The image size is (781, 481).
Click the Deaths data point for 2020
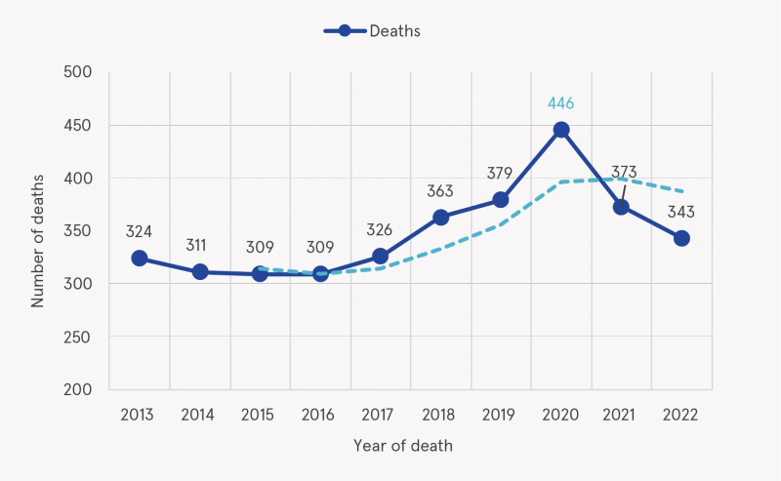coord(561,130)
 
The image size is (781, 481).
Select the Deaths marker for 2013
coord(140,259)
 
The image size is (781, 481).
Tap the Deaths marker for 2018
coord(440,217)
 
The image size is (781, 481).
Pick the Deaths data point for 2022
coord(681,238)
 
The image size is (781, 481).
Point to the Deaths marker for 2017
coord(381,257)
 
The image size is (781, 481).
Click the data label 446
coord(561,102)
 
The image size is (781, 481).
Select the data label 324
coord(140,232)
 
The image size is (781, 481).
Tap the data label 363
coord(440,190)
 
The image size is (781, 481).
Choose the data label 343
coord(681,211)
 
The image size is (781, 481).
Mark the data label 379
coord(501,174)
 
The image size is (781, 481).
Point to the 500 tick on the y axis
coord(78,72)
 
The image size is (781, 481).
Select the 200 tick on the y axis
coord(78,389)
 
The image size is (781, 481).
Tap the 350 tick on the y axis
coord(78,231)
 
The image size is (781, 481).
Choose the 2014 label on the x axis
coord(199,415)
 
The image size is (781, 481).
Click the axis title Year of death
coord(403,446)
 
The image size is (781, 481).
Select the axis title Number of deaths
coord(38,230)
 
